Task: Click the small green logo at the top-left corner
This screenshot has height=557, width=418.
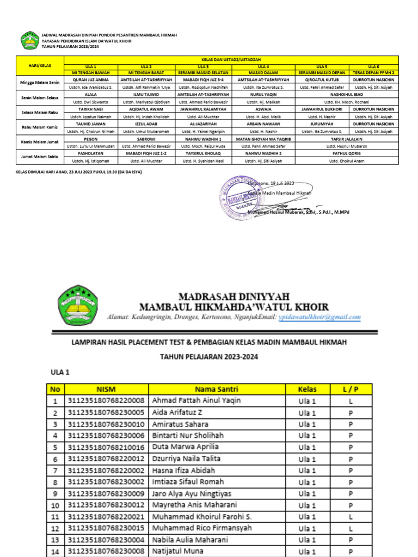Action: [29, 40]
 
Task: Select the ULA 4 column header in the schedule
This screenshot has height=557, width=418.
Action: [263, 66]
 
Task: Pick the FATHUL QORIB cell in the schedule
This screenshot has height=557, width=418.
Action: [347, 153]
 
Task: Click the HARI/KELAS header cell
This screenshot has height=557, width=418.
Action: [39, 65]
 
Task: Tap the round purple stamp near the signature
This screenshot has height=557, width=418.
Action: [237, 194]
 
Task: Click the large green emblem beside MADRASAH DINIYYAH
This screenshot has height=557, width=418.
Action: [78, 305]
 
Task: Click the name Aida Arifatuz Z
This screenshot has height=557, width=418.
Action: [177, 412]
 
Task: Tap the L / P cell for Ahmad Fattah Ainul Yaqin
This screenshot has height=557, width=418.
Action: [351, 400]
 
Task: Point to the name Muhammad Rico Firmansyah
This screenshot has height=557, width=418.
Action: [202, 528]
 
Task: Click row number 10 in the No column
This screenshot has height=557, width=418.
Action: [54, 505]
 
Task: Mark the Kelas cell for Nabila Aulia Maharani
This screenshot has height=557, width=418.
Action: [307, 540]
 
